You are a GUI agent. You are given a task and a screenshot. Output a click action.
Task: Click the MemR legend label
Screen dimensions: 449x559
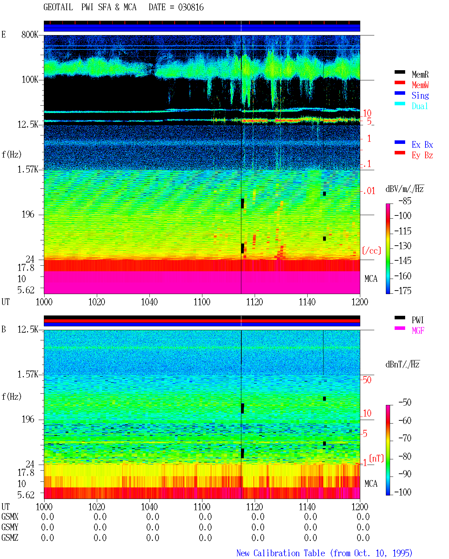tap(420, 74)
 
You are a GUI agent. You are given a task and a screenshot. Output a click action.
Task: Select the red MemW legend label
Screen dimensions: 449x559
tap(420, 85)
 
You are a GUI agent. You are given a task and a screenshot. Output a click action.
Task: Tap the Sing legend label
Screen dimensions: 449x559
tap(420, 95)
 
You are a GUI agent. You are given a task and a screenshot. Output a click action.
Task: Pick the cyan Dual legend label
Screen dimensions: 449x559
tap(420, 106)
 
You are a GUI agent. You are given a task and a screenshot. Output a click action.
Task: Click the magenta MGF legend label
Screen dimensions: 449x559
tap(418, 331)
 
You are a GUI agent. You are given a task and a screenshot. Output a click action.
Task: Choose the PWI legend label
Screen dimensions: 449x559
tap(417, 320)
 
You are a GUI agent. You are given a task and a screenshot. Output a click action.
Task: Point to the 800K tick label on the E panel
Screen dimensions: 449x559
tap(30, 34)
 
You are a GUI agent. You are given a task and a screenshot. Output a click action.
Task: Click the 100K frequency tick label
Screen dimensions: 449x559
tap(30, 80)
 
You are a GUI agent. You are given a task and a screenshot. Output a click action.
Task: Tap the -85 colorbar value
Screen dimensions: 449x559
tap(405, 201)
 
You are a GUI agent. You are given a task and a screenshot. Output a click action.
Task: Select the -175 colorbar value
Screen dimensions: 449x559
tap(403, 291)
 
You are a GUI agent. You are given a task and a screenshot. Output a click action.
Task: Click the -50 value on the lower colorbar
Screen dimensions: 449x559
tap(405, 402)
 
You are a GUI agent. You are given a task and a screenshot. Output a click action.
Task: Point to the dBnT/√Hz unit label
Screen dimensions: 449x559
tap(402, 364)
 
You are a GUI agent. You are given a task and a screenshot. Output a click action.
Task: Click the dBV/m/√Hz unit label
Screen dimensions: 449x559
tap(404, 189)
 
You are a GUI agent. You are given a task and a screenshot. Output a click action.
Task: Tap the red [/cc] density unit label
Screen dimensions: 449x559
tap(371, 251)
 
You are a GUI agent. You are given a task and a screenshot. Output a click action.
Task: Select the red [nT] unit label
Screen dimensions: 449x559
tap(376, 459)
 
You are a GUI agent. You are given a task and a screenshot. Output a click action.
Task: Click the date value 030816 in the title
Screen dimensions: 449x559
tap(191, 7)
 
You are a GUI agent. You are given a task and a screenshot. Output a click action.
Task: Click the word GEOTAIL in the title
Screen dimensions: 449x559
tap(58, 7)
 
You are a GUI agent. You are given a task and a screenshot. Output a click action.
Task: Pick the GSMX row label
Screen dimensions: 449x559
tap(10, 517)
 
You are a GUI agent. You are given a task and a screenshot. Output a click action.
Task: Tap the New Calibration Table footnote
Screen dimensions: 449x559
tap(324, 553)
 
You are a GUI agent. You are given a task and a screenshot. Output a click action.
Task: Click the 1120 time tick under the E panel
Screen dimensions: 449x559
tap(255, 302)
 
